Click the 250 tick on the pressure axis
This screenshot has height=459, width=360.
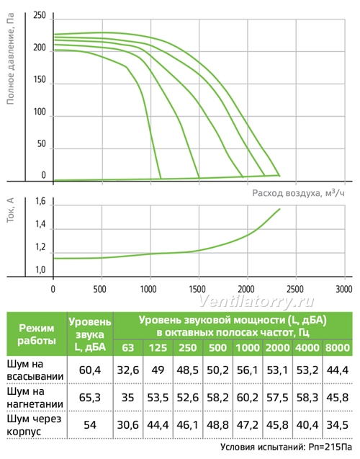(40, 15)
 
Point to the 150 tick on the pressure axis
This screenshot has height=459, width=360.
(40, 79)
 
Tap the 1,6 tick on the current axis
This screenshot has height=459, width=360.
(40, 202)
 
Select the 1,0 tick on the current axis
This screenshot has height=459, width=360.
(40, 269)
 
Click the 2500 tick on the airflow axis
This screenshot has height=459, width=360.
(295, 289)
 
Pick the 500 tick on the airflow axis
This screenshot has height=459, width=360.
(100, 289)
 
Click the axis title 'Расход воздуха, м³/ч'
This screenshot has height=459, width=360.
(298, 193)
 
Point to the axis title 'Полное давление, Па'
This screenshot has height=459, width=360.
(10, 58)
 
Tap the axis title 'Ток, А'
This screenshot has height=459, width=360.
(10, 210)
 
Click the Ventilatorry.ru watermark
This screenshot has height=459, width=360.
(256, 301)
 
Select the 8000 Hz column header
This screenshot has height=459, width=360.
(337, 347)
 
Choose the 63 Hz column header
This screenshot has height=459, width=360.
(127, 347)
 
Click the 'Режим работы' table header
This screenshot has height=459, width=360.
(37, 334)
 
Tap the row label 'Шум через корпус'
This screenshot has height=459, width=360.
(34, 425)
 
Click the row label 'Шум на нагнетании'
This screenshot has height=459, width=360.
(35, 398)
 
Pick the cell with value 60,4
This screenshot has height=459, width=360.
(90, 370)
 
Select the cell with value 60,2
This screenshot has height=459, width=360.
(247, 398)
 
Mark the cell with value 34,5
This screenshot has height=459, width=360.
(337, 425)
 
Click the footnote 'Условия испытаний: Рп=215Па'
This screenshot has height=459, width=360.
(286, 447)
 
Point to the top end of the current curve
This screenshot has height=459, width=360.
(280, 209)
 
